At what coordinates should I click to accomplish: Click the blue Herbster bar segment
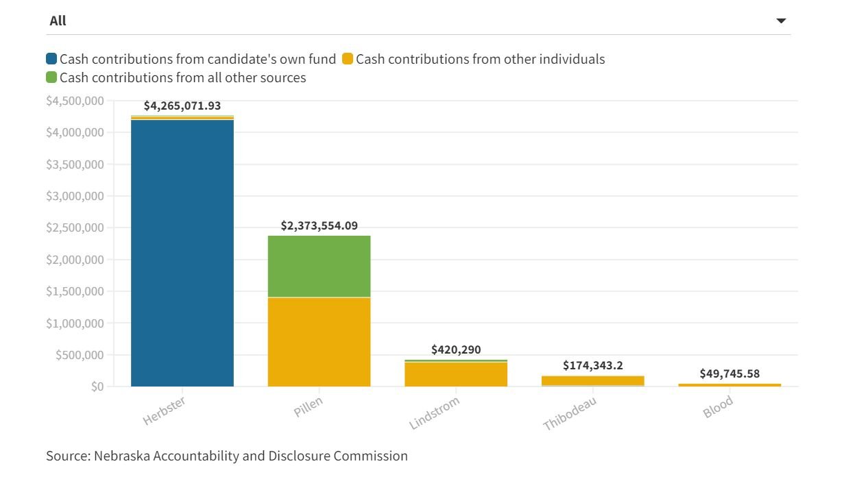click(x=182, y=254)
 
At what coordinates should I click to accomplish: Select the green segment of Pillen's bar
click(x=319, y=266)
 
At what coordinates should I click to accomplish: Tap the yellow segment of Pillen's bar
click(x=319, y=342)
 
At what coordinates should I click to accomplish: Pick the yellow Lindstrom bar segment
click(x=456, y=374)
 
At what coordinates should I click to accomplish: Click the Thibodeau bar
click(x=593, y=380)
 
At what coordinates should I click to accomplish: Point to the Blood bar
click(x=730, y=385)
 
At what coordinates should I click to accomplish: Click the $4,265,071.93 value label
click(x=182, y=106)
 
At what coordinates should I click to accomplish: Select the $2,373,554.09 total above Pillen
click(x=320, y=225)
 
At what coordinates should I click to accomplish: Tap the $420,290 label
click(x=456, y=349)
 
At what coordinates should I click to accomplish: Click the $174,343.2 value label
click(x=593, y=365)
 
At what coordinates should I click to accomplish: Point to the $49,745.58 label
click(x=730, y=373)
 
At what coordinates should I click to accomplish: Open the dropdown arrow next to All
click(x=781, y=21)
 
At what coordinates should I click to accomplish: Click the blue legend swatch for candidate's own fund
click(x=51, y=59)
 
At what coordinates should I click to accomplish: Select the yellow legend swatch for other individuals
click(x=348, y=59)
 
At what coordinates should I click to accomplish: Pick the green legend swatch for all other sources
click(x=51, y=77)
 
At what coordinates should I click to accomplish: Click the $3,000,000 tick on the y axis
click(x=75, y=196)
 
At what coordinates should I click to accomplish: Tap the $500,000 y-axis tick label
click(x=79, y=355)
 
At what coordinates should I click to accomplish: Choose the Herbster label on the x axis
click(x=165, y=410)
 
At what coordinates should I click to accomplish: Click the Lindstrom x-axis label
click(x=434, y=413)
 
